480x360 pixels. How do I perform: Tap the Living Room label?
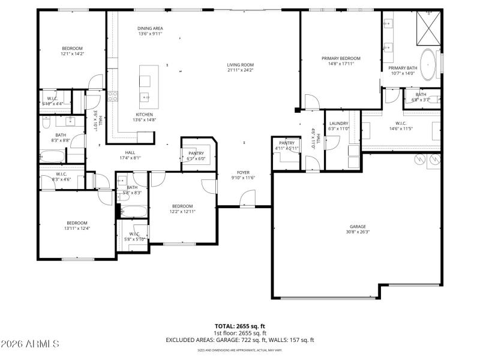pyautogui.click(x=240, y=65)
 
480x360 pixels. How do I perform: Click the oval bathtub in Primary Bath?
pyautogui.click(x=428, y=65)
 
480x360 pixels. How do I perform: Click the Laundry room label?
pyautogui.click(x=338, y=124)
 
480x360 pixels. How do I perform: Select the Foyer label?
pyautogui.click(x=244, y=172)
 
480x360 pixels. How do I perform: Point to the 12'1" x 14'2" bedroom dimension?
pyautogui.click(x=72, y=53)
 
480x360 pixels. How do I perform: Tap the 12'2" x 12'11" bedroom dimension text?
pyautogui.click(x=182, y=211)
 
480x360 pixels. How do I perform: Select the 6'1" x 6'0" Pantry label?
pyautogui.click(x=196, y=159)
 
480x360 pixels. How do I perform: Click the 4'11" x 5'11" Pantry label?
pyautogui.click(x=286, y=148)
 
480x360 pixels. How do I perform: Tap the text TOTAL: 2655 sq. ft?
pyautogui.click(x=240, y=326)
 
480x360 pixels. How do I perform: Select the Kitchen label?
pyautogui.click(x=144, y=115)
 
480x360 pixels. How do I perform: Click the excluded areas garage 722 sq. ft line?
pyautogui.click(x=240, y=340)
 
